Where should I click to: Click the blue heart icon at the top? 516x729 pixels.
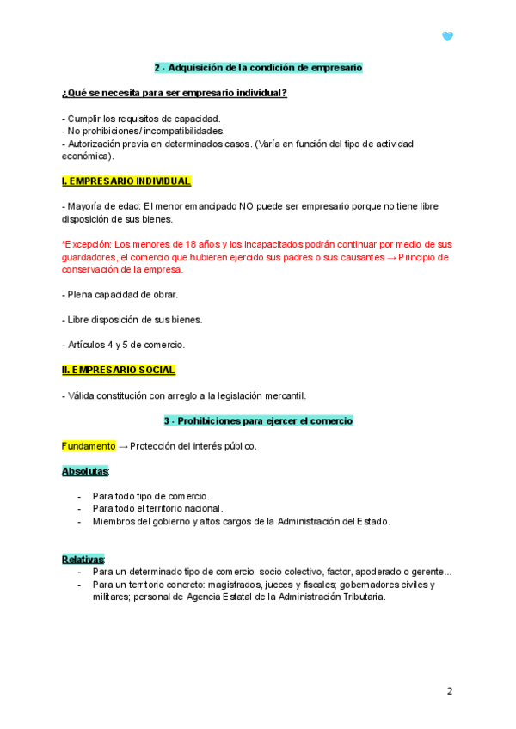pos(447,36)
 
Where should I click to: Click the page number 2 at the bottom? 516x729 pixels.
pos(449,690)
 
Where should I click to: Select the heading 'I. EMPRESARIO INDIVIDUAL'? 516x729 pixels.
pos(126,181)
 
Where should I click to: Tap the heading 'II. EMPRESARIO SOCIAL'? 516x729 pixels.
pos(119,370)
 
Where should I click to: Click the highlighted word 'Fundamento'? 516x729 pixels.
pos(88,446)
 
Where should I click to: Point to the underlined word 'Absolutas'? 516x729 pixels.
pos(85,471)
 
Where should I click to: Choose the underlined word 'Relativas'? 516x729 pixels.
pos(83,559)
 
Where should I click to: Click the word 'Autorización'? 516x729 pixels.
pos(95,144)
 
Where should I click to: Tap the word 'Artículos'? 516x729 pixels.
pos(87,345)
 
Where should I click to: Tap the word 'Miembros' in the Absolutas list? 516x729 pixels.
pos(114,521)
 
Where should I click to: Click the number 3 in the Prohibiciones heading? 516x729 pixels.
pos(168,421)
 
